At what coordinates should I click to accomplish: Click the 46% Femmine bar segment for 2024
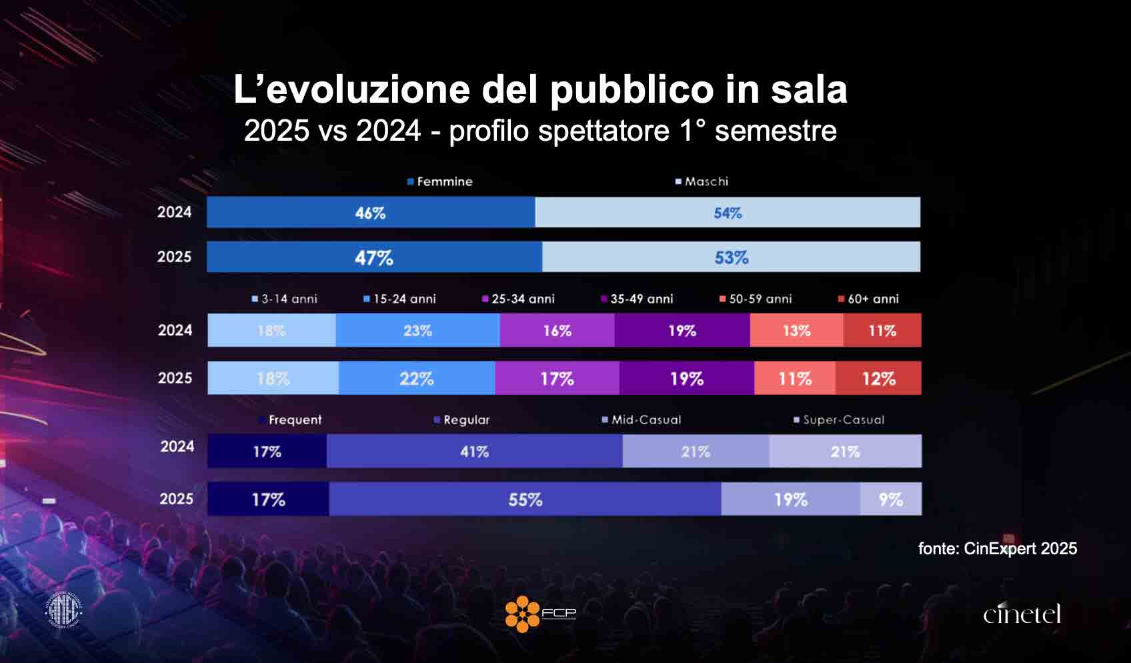pos(371,212)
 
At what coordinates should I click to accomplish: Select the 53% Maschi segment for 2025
pos(731,257)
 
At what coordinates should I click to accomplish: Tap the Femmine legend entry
pos(440,181)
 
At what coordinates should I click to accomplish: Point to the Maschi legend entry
pos(702,181)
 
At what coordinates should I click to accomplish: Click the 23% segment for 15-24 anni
pos(417,330)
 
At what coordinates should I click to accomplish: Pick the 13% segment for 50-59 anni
pos(796,330)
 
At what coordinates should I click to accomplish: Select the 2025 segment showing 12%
pos(878,378)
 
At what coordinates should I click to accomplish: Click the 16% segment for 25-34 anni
pos(557,330)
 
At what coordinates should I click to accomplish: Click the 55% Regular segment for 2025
pos(525,499)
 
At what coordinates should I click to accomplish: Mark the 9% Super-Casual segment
pos(891,499)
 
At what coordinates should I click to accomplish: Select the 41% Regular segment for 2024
pos(474,452)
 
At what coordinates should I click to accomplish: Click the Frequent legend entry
pos(291,420)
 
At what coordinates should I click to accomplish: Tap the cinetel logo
pos(1022,614)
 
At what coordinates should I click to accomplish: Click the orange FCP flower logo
pos(522,614)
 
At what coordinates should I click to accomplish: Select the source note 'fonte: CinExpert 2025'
pos(997,549)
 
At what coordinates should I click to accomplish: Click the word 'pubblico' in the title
pos(632,89)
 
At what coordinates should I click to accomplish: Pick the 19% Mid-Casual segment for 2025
pos(790,499)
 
